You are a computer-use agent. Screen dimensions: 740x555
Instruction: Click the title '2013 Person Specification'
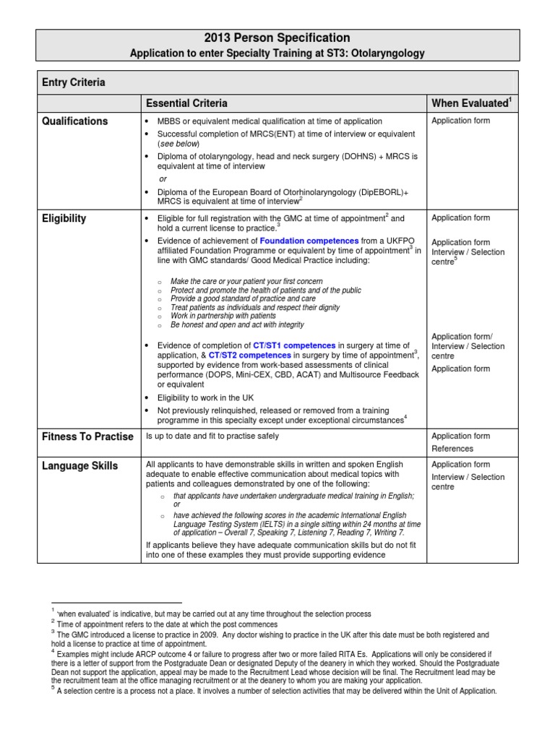click(277, 38)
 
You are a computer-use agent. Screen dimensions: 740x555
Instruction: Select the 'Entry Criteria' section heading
click(74, 82)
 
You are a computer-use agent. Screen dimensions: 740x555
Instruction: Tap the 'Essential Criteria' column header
click(186, 103)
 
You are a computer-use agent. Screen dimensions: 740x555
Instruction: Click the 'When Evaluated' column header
click(470, 103)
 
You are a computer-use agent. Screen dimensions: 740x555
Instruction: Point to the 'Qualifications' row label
click(75, 121)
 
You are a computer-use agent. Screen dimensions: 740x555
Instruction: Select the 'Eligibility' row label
click(64, 218)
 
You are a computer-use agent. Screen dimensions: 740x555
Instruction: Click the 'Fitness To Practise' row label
click(87, 436)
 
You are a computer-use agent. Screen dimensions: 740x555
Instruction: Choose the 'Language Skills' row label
click(80, 466)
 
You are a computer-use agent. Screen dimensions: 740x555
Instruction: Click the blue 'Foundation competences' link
click(309, 241)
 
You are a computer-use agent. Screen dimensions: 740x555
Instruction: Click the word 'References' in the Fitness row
click(452, 449)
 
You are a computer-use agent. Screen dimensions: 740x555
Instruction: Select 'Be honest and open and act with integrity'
click(237, 325)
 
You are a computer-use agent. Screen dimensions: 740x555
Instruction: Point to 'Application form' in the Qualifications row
click(460, 121)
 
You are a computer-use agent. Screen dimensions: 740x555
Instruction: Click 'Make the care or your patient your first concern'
click(246, 281)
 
